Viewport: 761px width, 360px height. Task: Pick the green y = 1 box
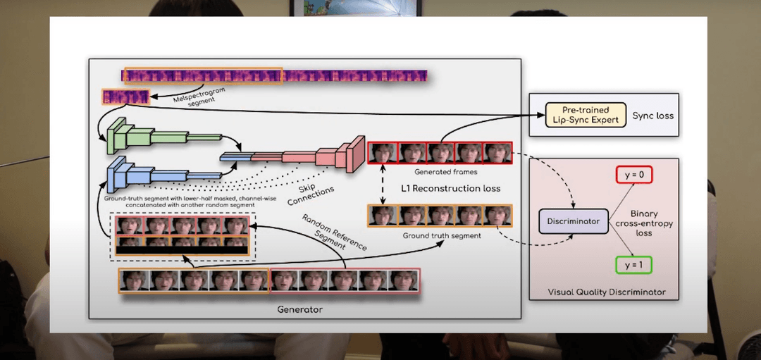coord(632,265)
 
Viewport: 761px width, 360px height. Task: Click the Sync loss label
coord(653,115)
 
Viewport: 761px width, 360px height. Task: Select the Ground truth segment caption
coord(441,235)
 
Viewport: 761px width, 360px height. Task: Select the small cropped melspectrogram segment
coord(125,97)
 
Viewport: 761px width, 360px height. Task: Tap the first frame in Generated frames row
coord(383,152)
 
